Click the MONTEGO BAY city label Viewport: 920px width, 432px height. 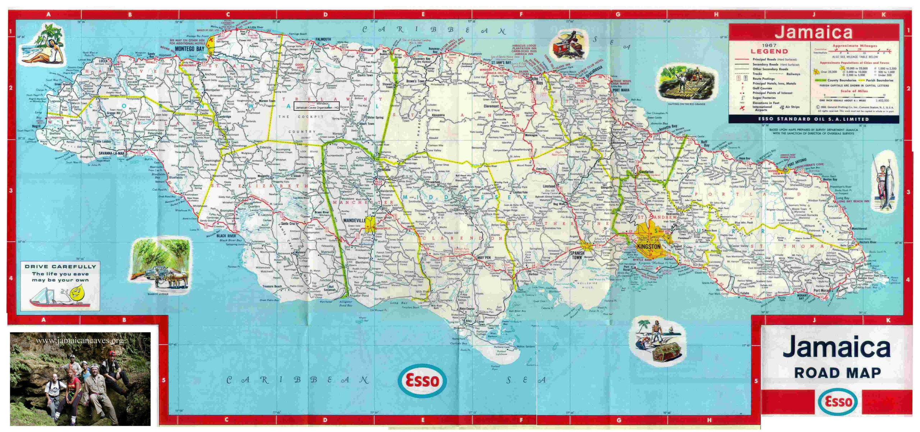pos(190,49)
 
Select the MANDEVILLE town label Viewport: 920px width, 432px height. pos(354,220)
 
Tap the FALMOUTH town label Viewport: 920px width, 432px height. pos(323,39)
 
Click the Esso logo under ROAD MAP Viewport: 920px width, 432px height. pos(838,402)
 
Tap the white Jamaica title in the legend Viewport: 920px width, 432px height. pos(813,32)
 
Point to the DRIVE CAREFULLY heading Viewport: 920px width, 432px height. pos(60,267)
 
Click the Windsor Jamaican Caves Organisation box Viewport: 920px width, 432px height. pos(316,105)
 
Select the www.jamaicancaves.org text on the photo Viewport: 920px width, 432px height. pos(79,340)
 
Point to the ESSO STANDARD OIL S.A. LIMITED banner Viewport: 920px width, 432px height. pos(813,119)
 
